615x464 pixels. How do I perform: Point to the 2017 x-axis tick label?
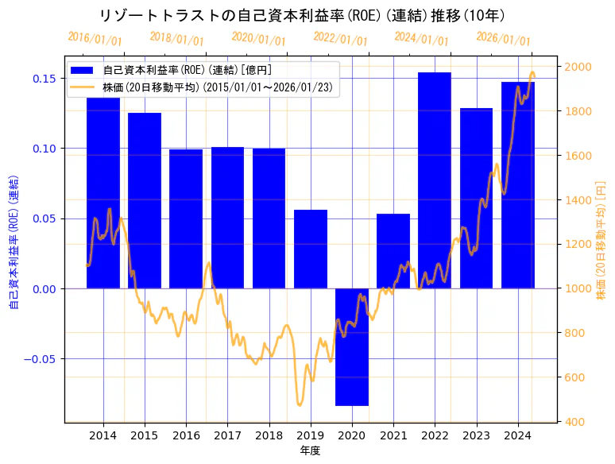(227, 435)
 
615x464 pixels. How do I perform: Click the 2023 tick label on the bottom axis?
(476, 435)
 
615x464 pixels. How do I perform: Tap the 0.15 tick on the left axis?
(44, 79)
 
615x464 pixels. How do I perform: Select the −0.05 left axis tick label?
(41, 359)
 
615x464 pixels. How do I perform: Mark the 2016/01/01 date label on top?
(95, 38)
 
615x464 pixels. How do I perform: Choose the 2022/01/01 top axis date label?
(340, 38)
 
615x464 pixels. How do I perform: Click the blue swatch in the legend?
(82, 71)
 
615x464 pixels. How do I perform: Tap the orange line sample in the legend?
(82, 87)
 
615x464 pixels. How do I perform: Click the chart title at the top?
(302, 16)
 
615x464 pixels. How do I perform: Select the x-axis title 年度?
(310, 450)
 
